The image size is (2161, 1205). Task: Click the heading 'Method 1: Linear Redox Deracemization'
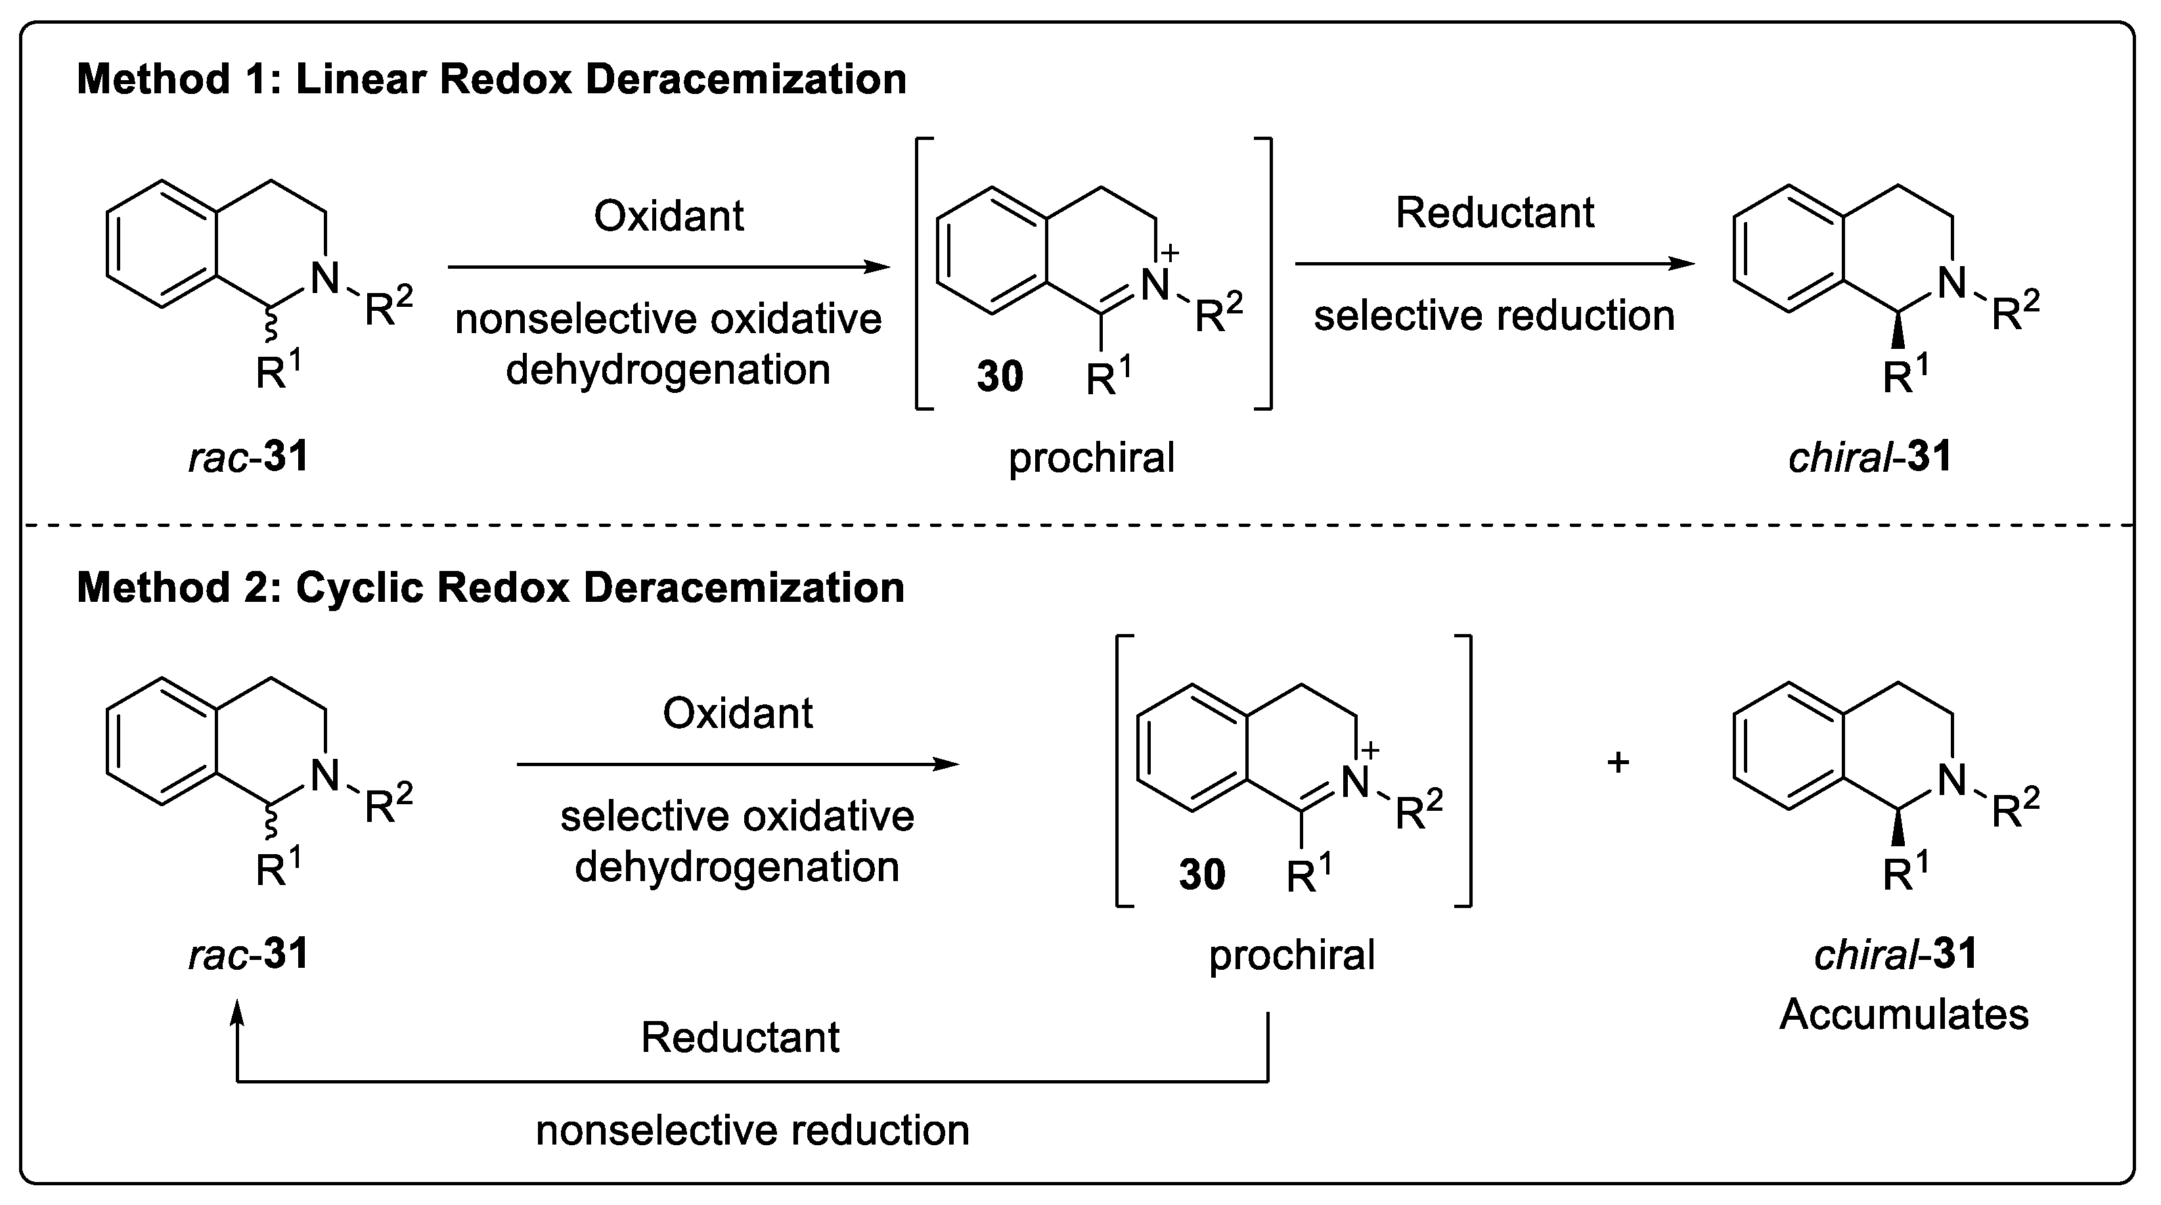click(491, 80)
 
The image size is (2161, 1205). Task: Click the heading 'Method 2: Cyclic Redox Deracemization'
click(490, 587)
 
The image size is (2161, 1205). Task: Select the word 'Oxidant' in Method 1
click(669, 217)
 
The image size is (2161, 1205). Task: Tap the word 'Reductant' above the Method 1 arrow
click(1494, 213)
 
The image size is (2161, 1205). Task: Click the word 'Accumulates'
click(1904, 1014)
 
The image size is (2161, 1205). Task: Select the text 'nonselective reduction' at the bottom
click(753, 1130)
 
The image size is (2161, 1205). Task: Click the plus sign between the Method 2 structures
click(1617, 763)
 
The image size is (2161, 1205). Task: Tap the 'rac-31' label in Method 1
click(248, 458)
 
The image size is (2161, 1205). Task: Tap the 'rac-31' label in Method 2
click(248, 955)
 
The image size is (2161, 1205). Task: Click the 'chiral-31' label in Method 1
click(1870, 458)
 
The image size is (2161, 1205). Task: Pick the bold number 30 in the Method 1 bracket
click(1000, 376)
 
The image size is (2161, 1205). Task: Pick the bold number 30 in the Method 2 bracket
click(1201, 875)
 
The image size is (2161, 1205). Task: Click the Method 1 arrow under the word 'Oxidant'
click(669, 267)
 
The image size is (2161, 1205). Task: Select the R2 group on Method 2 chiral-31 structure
click(2015, 809)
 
